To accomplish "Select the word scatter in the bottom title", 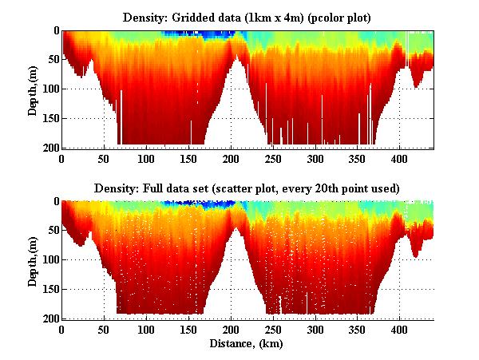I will click(x=266, y=188).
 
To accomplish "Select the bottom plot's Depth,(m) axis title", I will click(x=33, y=259).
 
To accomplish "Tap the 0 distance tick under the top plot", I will click(x=61, y=158).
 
